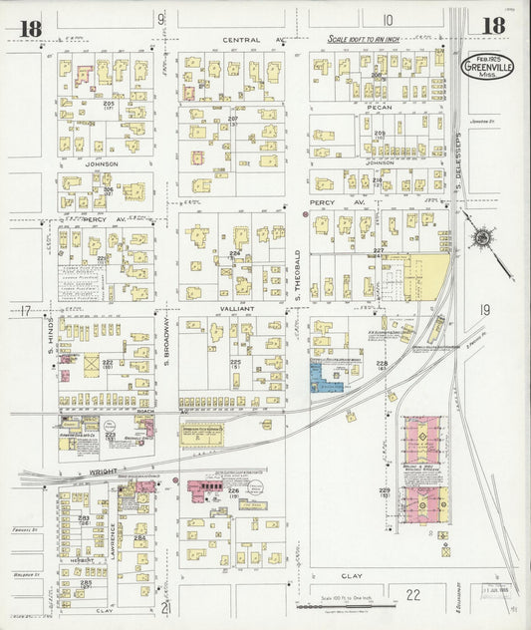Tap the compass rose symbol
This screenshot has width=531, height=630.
(x=482, y=238)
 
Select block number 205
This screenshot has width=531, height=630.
(x=108, y=104)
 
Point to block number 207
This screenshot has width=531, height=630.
(x=233, y=119)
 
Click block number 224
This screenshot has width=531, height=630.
(x=234, y=253)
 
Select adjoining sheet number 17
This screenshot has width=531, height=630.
(x=23, y=312)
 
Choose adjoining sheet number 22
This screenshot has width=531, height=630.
(x=412, y=594)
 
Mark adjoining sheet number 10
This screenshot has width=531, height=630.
(x=387, y=19)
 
